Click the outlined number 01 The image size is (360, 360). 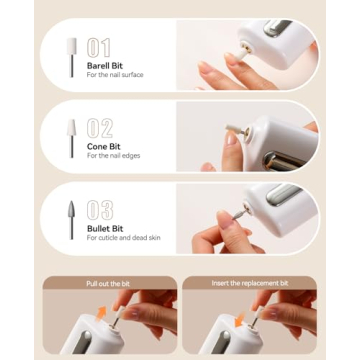point(99,47)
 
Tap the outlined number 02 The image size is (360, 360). point(100,128)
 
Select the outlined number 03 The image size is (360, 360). point(100,210)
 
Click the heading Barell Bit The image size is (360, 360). point(105,66)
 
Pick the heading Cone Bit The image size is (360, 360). point(102,147)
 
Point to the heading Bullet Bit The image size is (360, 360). point(105,228)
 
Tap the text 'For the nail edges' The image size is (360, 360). point(113,157)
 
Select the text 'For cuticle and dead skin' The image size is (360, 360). point(123,238)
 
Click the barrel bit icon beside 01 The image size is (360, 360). point(71,56)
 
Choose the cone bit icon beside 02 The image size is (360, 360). point(71,137)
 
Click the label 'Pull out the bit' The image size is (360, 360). point(107,284)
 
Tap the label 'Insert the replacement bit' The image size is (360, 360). point(249,284)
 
